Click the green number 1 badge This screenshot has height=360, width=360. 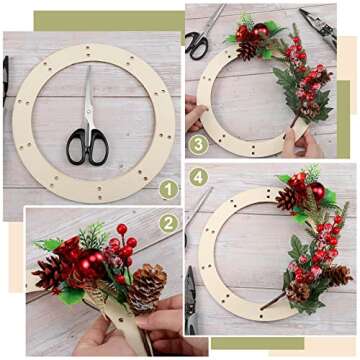pos(169,189)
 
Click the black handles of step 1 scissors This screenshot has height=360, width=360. pos(87,147)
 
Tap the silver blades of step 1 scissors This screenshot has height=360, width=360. pos(89,95)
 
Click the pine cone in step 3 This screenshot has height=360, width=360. pos(248,48)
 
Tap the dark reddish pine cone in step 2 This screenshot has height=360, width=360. pos(52,272)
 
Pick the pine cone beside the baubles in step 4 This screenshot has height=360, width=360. pos(287,199)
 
